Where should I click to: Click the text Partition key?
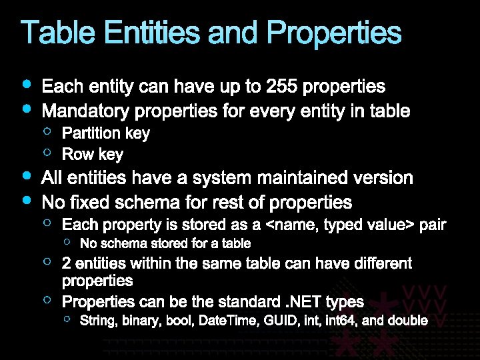pos(106,133)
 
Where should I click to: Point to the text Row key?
pos(93,155)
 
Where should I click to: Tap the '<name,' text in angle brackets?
pos(295,225)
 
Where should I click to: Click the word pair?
pos(432,225)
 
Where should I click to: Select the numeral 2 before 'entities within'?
pos(67,264)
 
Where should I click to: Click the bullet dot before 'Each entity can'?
pos(26,85)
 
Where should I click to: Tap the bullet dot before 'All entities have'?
pos(26,177)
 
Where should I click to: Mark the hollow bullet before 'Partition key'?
pos(48,131)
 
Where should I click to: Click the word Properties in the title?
pos(334,33)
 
